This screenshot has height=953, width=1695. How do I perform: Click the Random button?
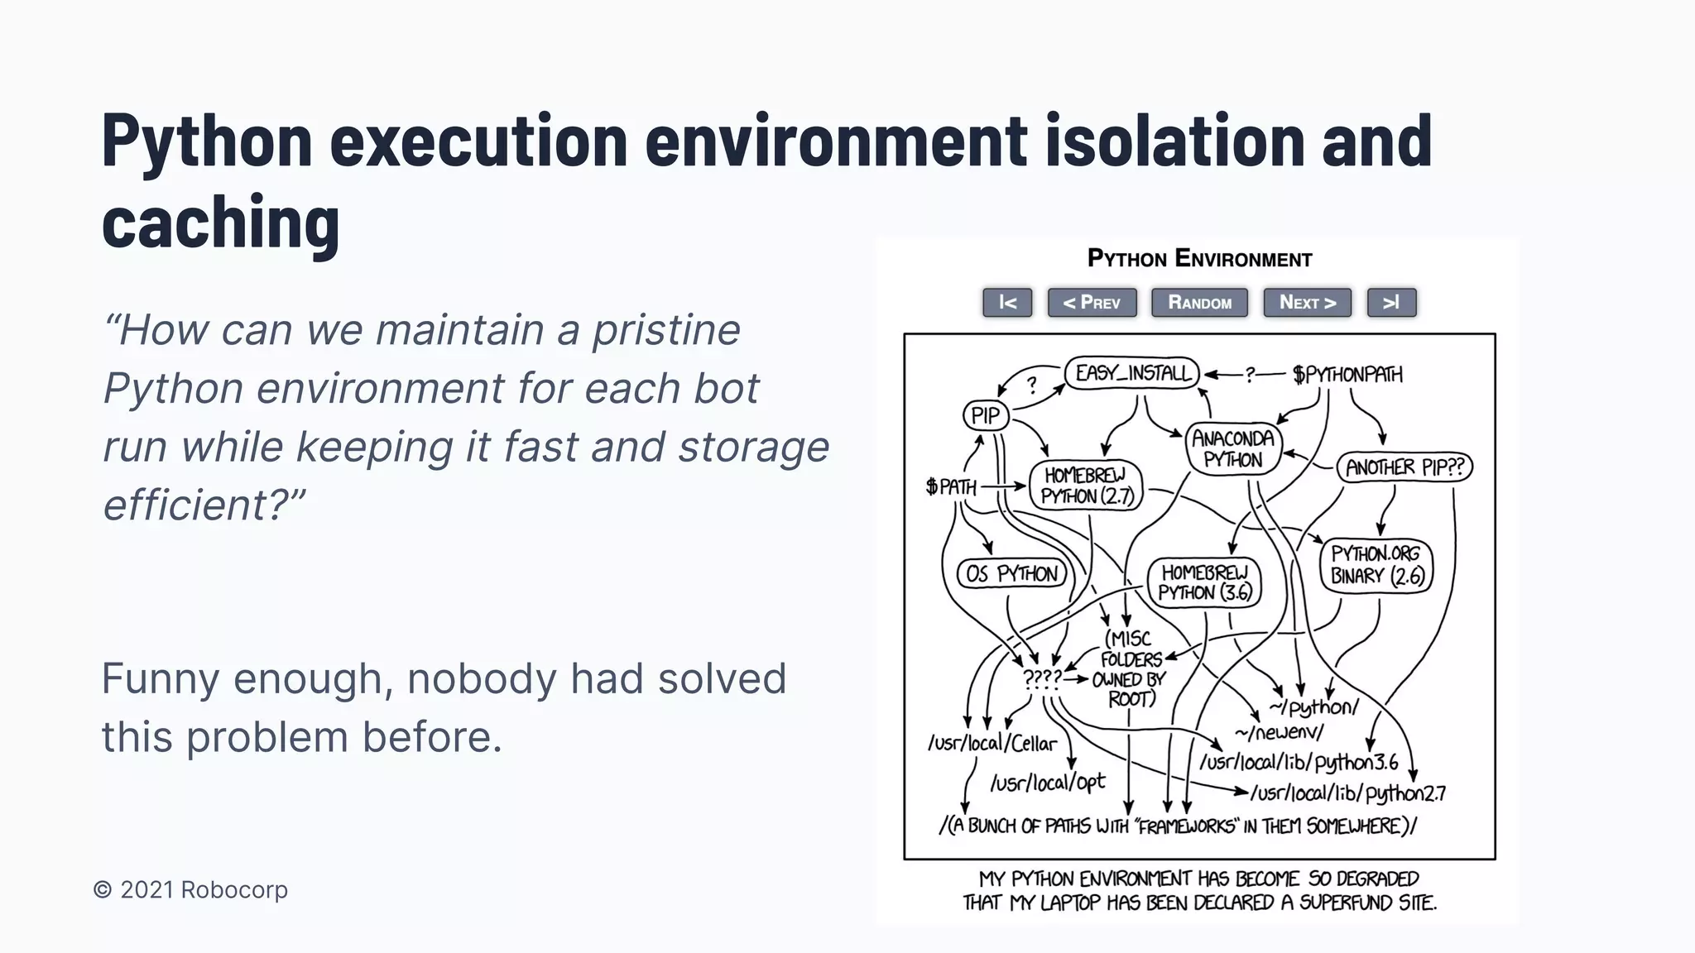click(x=1199, y=303)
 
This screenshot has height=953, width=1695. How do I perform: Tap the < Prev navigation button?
click(x=1092, y=303)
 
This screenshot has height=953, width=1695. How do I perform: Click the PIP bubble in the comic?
click(x=986, y=415)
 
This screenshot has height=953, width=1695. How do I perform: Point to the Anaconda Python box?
click(x=1232, y=448)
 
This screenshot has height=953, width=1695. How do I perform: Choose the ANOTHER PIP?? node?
click(x=1404, y=467)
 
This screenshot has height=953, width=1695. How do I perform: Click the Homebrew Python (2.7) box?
click(x=1085, y=486)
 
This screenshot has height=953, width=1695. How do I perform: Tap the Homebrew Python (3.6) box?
click(x=1204, y=582)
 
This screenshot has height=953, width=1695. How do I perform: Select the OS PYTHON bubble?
click(x=1011, y=573)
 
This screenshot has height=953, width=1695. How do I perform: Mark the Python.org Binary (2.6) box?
click(x=1376, y=565)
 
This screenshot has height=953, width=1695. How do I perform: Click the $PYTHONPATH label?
click(x=1347, y=375)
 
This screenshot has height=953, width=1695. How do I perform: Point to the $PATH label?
click(x=951, y=486)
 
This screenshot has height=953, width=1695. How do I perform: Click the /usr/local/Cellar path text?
click(x=992, y=743)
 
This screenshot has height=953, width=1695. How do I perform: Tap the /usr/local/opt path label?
click(x=1047, y=782)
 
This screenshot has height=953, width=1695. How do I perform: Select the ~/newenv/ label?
click(x=1279, y=732)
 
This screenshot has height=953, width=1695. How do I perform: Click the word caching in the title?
click(x=220, y=222)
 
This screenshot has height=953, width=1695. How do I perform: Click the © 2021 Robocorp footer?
click(x=190, y=890)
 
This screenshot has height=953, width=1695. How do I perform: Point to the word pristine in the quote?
click(x=665, y=330)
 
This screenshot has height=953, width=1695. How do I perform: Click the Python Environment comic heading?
click(x=1199, y=259)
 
